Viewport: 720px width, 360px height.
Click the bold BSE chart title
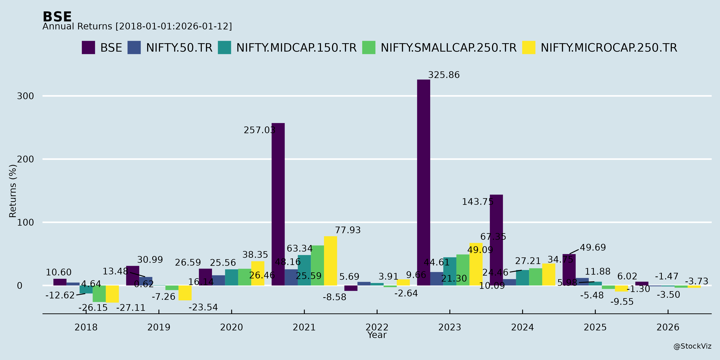click(x=57, y=17)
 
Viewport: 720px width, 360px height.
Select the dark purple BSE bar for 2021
click(x=278, y=204)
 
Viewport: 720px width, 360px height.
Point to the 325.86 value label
click(x=444, y=75)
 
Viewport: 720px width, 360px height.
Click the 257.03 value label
click(x=259, y=130)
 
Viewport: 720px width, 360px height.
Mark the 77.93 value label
click(x=348, y=230)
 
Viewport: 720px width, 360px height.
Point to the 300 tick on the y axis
click(x=25, y=96)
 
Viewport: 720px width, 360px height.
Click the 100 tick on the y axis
click(x=25, y=222)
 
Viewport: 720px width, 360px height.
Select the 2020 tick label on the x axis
click(x=231, y=327)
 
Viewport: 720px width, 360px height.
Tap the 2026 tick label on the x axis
click(x=668, y=327)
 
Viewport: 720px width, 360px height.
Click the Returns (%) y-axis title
click(x=13, y=191)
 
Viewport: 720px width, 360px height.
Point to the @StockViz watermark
click(x=692, y=346)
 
